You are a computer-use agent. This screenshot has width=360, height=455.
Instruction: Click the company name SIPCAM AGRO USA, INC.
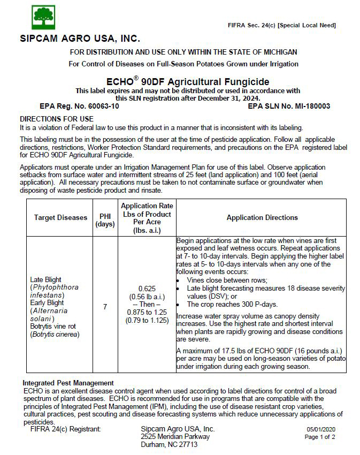(80, 39)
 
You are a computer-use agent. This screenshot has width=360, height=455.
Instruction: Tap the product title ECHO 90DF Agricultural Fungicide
(188, 82)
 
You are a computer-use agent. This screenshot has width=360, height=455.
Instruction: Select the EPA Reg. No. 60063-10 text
(79, 106)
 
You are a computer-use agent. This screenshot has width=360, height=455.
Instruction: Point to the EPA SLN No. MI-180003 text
(289, 106)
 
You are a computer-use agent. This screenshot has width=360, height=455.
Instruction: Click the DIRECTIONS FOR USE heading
(57, 119)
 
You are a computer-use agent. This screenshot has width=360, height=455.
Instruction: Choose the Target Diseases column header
(60, 218)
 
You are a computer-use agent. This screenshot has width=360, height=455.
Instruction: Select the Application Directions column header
(262, 218)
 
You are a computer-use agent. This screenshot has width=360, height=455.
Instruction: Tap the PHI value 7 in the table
(105, 307)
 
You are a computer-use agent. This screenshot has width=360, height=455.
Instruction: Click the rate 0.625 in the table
(147, 288)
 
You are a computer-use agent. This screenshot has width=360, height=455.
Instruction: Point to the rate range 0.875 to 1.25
(147, 313)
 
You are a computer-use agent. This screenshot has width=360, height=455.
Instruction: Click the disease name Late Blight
(46, 279)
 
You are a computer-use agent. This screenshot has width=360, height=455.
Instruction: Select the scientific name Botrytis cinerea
(55, 335)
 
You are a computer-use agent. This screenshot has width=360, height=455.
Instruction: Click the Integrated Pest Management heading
(68, 383)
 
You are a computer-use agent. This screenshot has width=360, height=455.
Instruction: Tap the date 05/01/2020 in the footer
(320, 429)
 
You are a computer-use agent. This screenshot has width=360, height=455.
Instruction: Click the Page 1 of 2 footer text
(320, 437)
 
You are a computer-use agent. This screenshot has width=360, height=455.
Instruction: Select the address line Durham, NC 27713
(169, 444)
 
